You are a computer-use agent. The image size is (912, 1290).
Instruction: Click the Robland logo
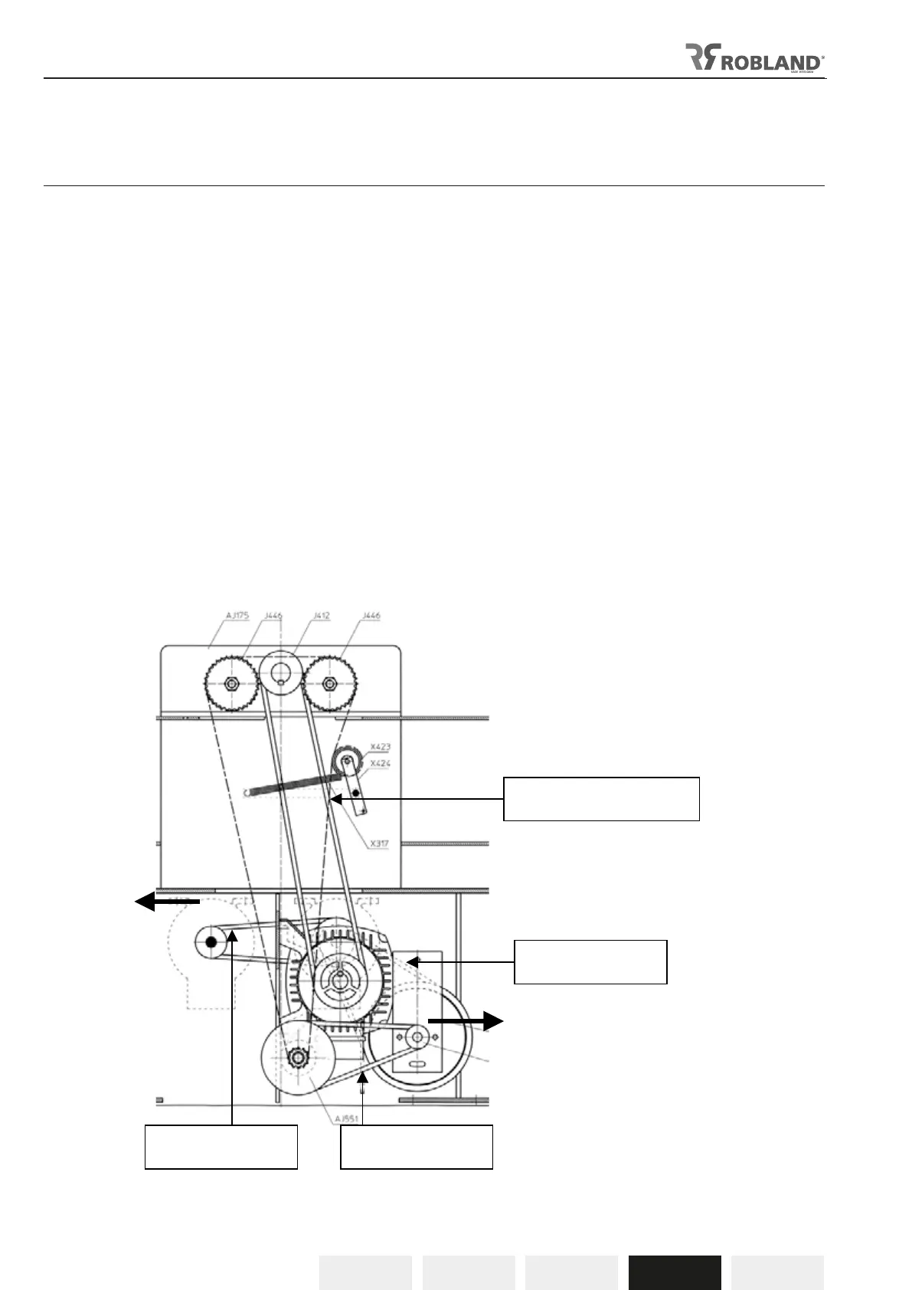(x=754, y=58)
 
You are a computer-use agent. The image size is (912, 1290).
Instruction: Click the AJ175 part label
(x=237, y=616)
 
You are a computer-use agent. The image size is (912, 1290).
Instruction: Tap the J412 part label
(x=322, y=616)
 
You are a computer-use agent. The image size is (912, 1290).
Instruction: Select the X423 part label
(x=380, y=747)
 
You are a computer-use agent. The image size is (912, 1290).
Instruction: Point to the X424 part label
(x=380, y=764)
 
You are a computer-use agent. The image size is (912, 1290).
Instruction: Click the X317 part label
(x=379, y=844)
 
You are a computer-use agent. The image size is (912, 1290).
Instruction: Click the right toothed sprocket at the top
(x=329, y=683)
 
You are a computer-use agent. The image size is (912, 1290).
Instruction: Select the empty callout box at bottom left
(x=221, y=1147)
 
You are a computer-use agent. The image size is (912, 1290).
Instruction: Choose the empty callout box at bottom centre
(x=416, y=1147)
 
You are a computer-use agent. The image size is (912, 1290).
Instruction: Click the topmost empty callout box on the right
(x=601, y=799)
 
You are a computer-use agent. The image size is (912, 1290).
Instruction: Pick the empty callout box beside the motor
(x=590, y=961)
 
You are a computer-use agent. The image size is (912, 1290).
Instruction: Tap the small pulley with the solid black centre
(x=212, y=942)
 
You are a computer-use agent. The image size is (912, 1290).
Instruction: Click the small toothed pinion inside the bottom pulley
(x=296, y=1058)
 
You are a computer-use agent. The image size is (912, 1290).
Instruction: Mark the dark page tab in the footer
(x=675, y=1272)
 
